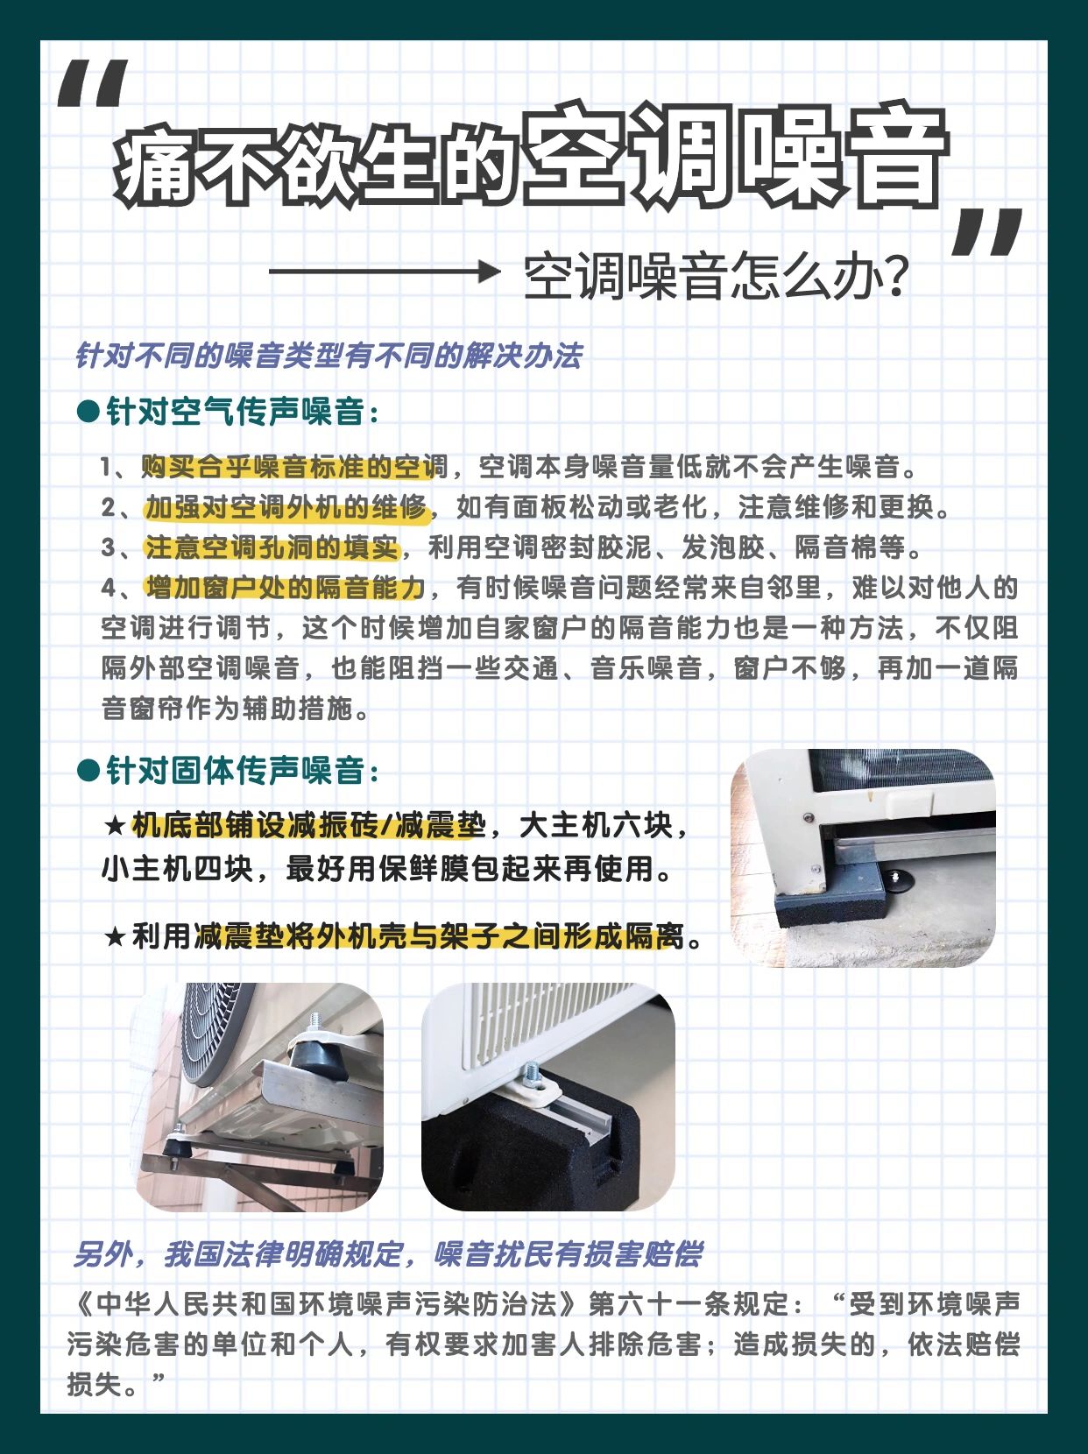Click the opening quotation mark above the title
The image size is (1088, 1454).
click(93, 84)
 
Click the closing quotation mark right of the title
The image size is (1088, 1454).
click(986, 232)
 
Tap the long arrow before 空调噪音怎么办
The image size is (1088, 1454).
click(384, 271)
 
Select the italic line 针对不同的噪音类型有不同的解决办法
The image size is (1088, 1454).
click(329, 356)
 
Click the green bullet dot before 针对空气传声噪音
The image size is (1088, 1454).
click(88, 412)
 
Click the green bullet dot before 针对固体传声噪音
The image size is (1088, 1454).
click(88, 771)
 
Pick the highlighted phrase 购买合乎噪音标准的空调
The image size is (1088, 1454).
click(294, 468)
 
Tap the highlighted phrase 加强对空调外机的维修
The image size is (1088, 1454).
click(286, 508)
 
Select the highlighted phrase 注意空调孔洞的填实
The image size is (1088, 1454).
click(272, 547)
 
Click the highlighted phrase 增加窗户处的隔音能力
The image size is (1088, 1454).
click(285, 589)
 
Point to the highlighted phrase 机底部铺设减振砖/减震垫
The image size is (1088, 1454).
click(308, 826)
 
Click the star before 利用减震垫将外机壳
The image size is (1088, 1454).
click(116, 937)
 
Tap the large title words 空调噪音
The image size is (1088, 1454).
click(735, 156)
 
